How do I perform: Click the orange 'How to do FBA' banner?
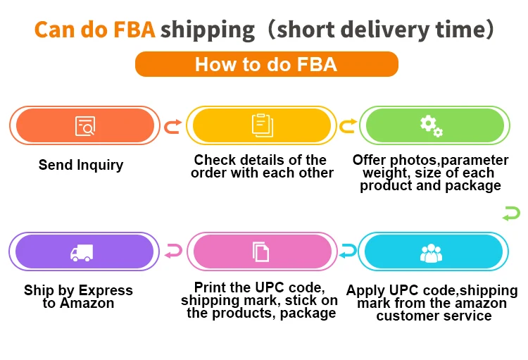point(266,65)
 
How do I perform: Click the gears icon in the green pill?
point(431,126)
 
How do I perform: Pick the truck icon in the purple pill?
point(82,252)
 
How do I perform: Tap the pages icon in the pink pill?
point(261,252)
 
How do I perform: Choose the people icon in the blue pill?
point(430,252)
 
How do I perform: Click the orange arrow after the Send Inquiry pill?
point(172,126)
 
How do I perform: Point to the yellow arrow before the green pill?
point(348,126)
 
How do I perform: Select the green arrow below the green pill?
point(511,213)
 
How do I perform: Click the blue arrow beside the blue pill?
point(348,250)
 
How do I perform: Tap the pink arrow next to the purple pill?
point(173,250)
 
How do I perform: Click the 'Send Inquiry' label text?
point(81,165)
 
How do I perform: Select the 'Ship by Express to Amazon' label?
point(78,297)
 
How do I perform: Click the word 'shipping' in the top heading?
point(208,30)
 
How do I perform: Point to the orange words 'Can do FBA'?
point(95,30)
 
